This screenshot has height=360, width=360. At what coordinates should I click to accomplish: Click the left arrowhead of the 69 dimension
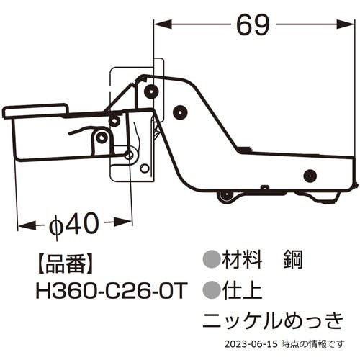[163, 24]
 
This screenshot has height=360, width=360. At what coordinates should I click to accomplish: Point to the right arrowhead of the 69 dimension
[345, 24]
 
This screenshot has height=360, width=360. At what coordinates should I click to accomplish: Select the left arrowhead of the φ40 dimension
[27, 225]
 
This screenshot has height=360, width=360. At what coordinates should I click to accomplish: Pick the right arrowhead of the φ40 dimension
[122, 222]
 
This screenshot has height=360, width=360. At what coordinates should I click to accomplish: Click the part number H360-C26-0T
[112, 291]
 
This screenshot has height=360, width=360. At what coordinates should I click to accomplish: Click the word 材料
[242, 260]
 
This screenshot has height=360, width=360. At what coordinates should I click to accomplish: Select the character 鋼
[293, 260]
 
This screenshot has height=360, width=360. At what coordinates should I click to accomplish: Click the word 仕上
[242, 290]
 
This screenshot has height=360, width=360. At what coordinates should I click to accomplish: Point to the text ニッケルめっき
[274, 320]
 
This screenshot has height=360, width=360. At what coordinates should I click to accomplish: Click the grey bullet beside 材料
[212, 259]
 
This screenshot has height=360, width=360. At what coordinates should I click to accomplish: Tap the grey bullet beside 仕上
[212, 289]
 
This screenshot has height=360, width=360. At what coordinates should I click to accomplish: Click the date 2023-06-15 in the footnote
[251, 344]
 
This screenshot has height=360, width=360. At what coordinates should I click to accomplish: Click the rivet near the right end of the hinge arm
[310, 176]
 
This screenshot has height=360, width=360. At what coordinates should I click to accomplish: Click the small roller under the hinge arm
[225, 197]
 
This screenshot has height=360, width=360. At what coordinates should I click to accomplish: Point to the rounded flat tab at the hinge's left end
[36, 111]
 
